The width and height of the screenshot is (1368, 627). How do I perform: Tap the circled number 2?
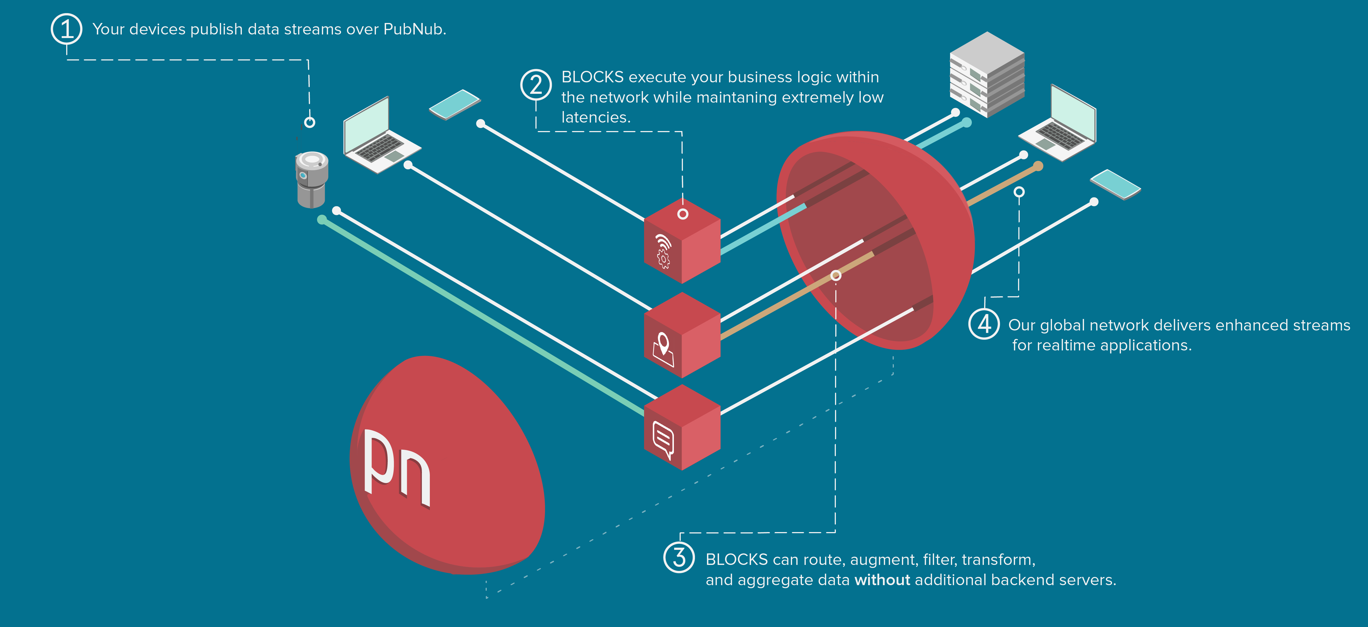[536, 85]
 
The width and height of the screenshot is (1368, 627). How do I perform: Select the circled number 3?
[679, 558]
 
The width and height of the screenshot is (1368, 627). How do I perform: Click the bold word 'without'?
[882, 580]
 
